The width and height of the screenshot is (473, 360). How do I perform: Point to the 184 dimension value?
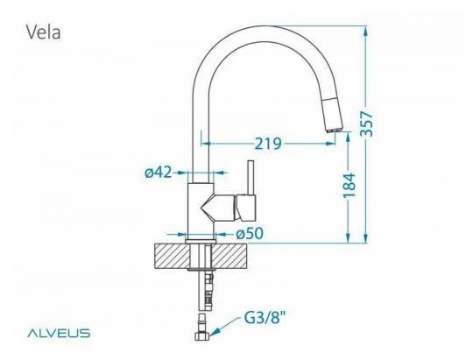(349, 186)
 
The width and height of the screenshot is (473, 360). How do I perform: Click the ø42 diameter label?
(159, 173)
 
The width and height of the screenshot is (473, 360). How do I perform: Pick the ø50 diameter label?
(250, 233)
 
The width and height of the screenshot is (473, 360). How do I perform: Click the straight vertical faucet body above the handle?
(201, 131)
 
